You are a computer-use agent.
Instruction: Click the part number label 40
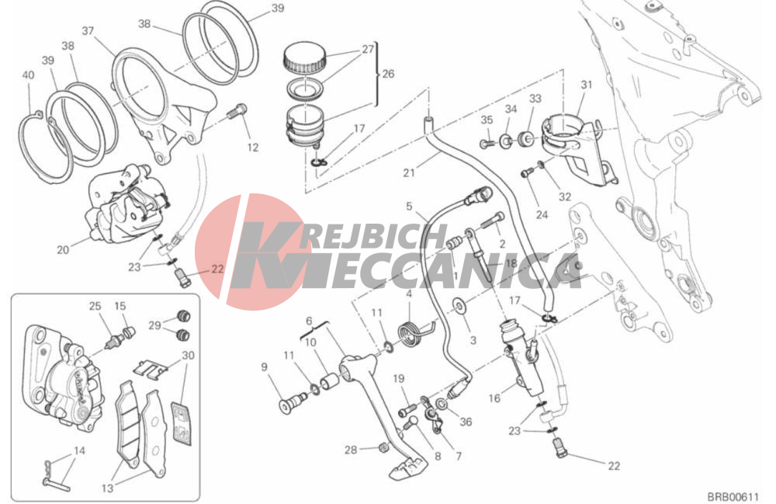click(28, 75)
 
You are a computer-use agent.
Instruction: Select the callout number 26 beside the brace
click(388, 74)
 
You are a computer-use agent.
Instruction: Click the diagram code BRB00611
click(733, 496)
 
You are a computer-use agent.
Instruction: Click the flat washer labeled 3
click(460, 307)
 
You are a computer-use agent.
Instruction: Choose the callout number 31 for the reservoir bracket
click(587, 85)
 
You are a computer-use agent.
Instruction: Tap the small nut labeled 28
click(382, 448)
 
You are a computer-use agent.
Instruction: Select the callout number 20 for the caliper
click(63, 250)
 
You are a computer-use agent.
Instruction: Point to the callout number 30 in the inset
click(188, 356)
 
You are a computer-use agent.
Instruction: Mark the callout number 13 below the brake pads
click(107, 488)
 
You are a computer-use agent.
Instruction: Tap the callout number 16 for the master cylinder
click(494, 398)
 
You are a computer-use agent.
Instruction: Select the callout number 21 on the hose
click(409, 172)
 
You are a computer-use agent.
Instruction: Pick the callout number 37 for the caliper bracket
click(88, 31)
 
